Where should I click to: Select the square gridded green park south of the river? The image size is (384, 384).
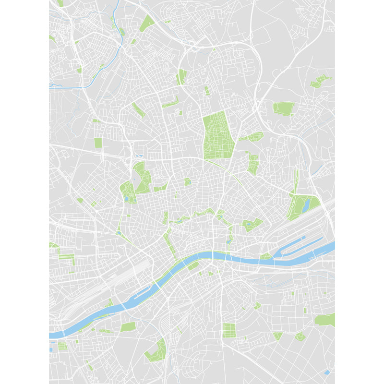click(229, 330)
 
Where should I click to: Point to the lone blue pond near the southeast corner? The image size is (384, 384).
click(327, 372)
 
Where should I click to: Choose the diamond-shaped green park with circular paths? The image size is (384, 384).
click(300, 336)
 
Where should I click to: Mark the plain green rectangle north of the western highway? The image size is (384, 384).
click(98, 143)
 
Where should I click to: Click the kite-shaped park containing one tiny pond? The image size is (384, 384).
click(252, 224)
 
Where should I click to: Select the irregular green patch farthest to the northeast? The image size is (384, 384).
click(321, 81)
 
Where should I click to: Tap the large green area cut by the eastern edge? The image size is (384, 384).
click(325, 320)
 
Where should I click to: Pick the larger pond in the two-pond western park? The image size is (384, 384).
click(127, 197)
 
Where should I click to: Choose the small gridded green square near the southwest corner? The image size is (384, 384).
click(62, 346)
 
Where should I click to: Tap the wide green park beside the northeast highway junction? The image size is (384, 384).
click(283, 108)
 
